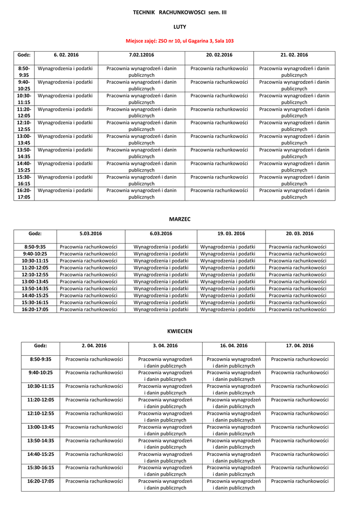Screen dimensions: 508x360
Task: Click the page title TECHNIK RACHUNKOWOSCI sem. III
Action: pyautogui.click(x=180, y=11)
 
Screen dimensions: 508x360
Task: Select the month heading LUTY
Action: pyautogui.click(x=180, y=27)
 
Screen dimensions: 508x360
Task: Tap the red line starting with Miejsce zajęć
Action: pyautogui.click(x=180, y=42)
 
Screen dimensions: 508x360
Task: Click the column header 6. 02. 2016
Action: pyautogui.click(x=66, y=55)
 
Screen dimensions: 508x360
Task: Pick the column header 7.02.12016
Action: pyautogui.click(x=142, y=55)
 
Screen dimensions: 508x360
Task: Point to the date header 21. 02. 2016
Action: pyautogui.click(x=294, y=55)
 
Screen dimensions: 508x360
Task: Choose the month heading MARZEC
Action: pyautogui.click(x=180, y=219)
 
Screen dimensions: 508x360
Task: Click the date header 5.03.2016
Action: pyautogui.click(x=90, y=234)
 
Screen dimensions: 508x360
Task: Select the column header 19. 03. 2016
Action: pyautogui.click(x=231, y=234)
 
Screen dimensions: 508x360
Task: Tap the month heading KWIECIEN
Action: pyautogui.click(x=180, y=331)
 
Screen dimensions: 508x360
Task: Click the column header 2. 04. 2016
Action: pyautogui.click(x=94, y=346)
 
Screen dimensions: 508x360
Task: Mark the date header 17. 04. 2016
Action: pyautogui.click(x=299, y=346)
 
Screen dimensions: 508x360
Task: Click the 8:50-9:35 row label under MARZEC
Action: pyautogui.click(x=35, y=247)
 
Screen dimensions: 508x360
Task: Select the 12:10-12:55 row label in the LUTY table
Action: pyautogui.click(x=24, y=126)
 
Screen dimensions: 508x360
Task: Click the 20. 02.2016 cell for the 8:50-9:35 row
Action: pyautogui.click(x=219, y=68)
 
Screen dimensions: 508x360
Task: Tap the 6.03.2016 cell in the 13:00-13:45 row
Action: pyautogui.click(x=161, y=281)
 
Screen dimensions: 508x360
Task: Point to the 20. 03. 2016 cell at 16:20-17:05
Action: pyautogui.click(x=299, y=309)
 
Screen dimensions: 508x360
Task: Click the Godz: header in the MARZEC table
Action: pyautogui.click(x=35, y=234)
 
